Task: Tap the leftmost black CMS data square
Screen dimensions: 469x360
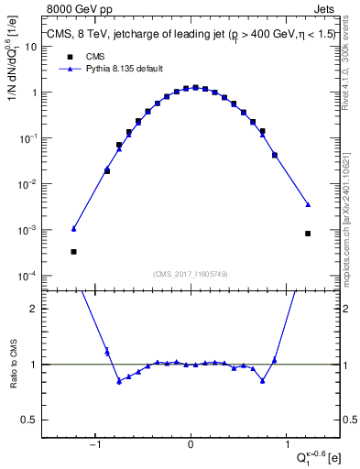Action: (73, 251)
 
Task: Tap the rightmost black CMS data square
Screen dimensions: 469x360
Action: (308, 234)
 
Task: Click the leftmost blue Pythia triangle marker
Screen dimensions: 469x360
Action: (73, 228)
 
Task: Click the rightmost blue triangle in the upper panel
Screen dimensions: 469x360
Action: (308, 204)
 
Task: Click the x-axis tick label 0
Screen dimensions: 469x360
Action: (191, 446)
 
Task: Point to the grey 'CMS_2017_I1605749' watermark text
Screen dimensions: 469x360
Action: (191, 274)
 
